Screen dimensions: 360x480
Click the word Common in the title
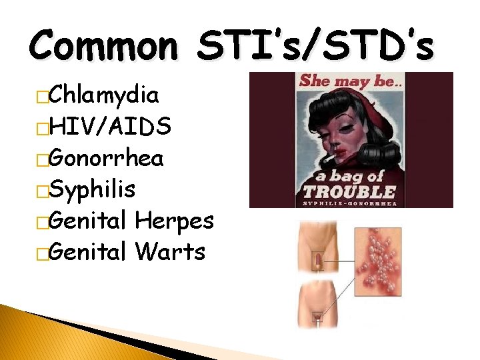pos(103,46)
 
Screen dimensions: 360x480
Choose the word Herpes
pos(174,221)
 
